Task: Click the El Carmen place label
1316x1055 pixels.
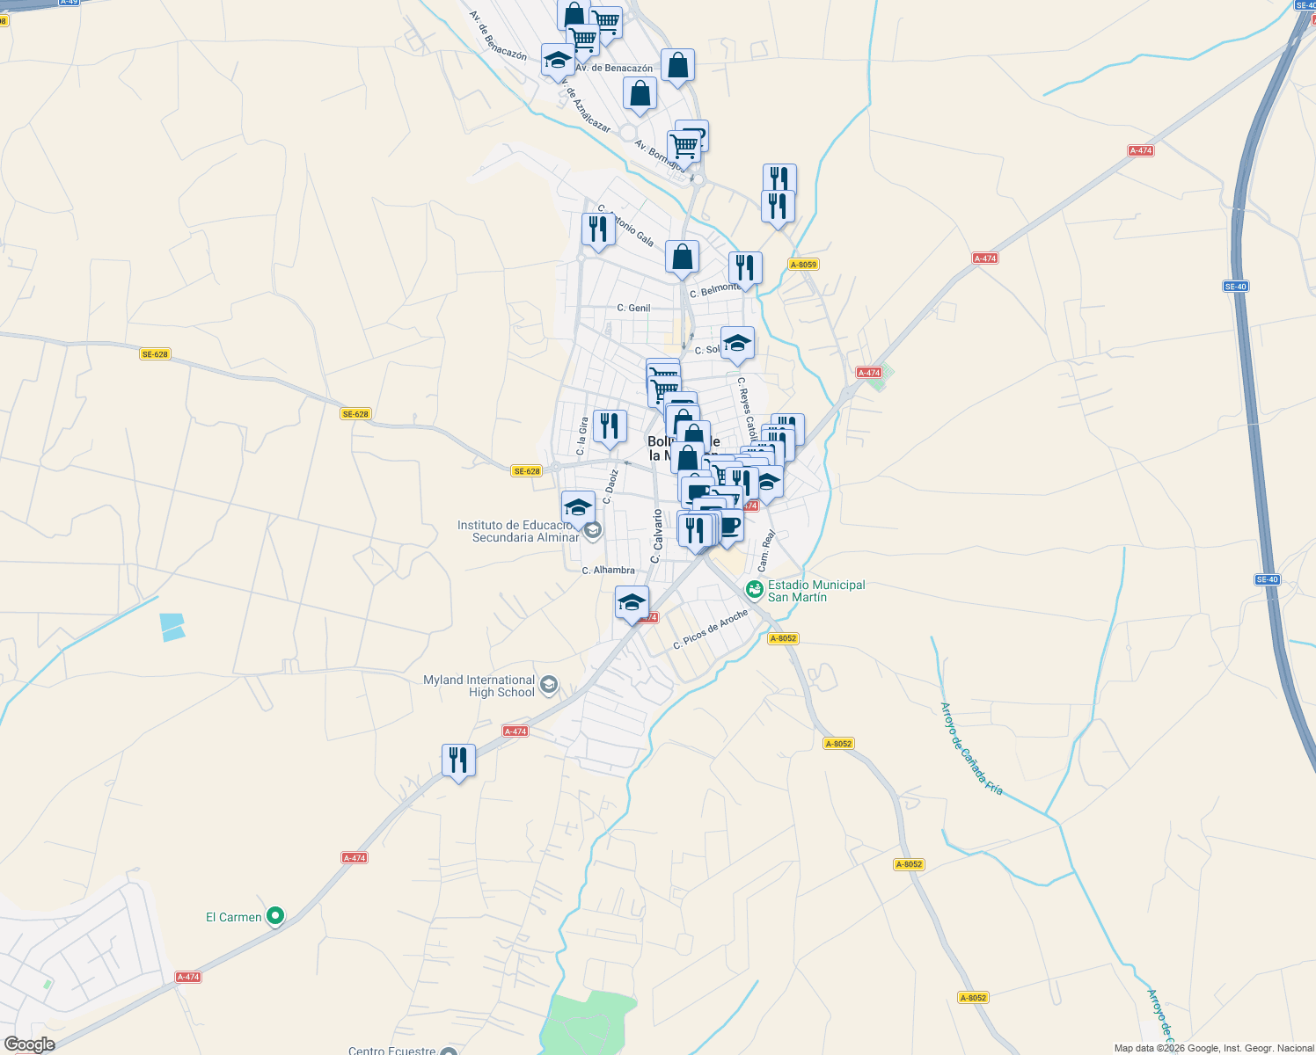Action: [234, 917]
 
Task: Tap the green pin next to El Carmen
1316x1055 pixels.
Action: [275, 916]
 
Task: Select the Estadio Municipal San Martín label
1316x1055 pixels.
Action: [815, 591]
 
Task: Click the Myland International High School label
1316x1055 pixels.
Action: [479, 686]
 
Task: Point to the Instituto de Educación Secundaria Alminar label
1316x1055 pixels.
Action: [517, 531]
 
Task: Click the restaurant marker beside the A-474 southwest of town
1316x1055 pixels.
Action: [458, 760]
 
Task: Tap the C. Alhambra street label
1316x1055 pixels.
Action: [608, 571]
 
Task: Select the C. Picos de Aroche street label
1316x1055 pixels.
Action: [710, 629]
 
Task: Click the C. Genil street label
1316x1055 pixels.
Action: [633, 308]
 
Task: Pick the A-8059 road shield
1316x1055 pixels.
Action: [803, 265]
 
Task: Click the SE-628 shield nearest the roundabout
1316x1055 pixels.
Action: [526, 471]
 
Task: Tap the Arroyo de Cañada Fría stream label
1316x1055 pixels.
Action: [971, 748]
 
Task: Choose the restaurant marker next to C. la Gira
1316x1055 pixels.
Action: [610, 426]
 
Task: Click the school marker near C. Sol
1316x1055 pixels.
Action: [737, 344]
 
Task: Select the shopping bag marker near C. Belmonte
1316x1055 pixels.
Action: [682, 258]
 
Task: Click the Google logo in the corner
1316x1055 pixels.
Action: [29, 1044]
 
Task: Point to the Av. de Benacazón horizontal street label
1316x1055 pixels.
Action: [614, 68]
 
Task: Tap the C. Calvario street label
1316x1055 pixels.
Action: [655, 535]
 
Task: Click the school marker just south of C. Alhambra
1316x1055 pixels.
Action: [632, 603]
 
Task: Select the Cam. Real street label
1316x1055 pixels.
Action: [766, 550]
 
